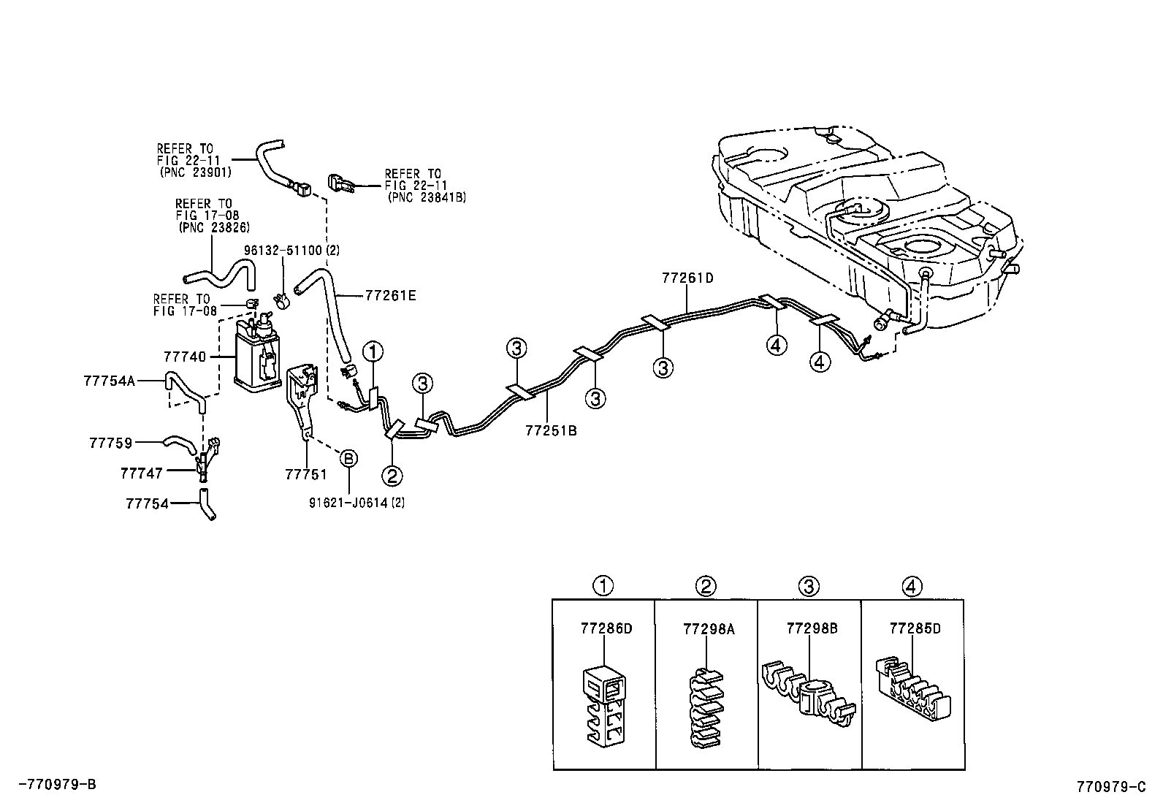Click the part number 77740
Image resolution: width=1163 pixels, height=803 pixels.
(184, 357)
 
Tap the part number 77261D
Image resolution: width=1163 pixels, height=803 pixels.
(687, 278)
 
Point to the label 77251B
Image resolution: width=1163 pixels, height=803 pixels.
(550, 430)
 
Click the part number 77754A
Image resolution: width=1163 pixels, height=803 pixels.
(109, 381)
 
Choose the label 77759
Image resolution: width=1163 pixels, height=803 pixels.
(110, 443)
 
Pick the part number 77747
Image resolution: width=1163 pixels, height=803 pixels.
(142, 473)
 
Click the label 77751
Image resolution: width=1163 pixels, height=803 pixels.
(305, 474)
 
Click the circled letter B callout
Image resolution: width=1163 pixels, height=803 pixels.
(349, 458)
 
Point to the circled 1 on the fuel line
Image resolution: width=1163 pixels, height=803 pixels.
(373, 351)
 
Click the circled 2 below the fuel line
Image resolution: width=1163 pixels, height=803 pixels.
(392, 476)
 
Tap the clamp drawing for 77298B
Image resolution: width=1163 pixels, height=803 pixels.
(809, 696)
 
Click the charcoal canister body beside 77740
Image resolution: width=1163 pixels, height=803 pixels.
(256, 361)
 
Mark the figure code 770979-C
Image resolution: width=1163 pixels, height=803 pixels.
(1110, 787)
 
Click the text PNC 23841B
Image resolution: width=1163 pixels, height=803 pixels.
(427, 197)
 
